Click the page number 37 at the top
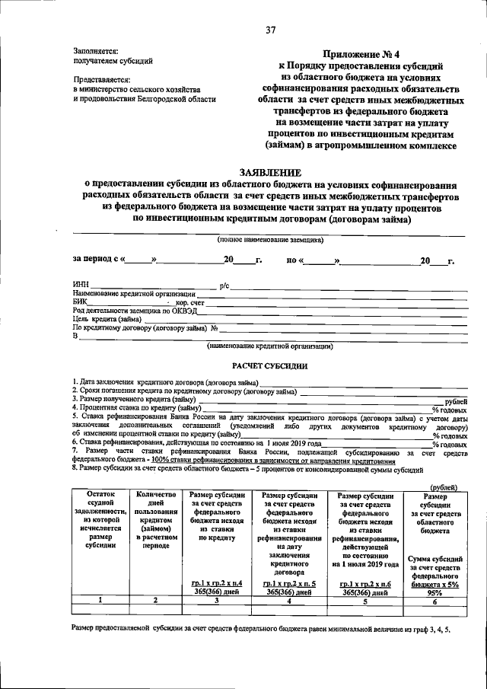pyautogui.click(x=270, y=31)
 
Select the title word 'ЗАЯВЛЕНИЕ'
pyautogui.click(x=270, y=172)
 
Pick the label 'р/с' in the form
pyautogui.click(x=224, y=285)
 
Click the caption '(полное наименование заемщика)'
pyautogui.click(x=270, y=240)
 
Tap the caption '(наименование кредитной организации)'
pyautogui.click(x=270, y=346)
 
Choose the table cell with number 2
pyautogui.click(x=155, y=601)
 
